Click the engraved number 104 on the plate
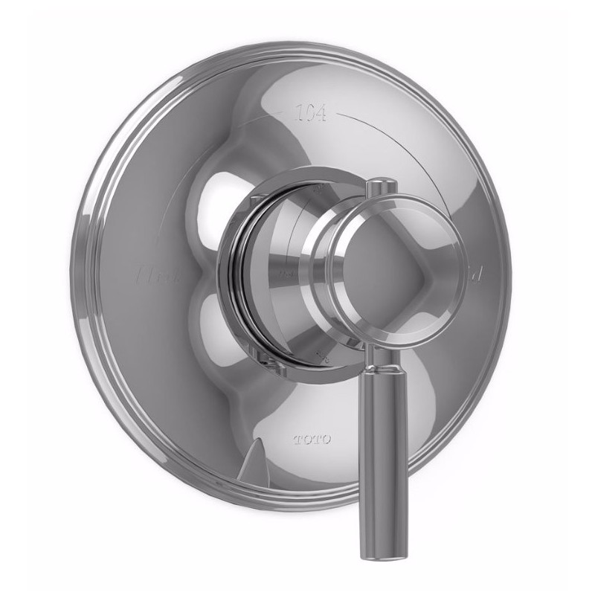tap(309, 114)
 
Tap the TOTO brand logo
tap(312, 438)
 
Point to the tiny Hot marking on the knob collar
tap(286, 276)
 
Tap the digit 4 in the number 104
tap(326, 115)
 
